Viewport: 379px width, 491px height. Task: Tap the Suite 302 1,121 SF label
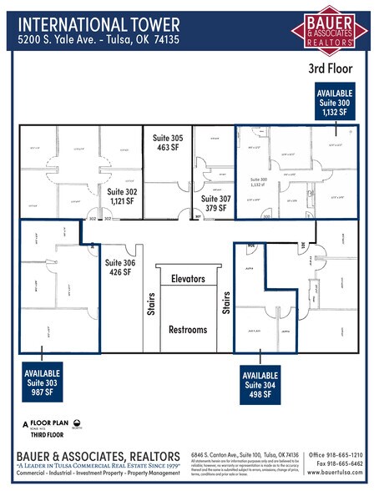coord(124,195)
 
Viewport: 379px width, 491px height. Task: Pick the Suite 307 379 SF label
coord(216,204)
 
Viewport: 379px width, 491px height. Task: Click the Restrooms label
coord(188,329)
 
